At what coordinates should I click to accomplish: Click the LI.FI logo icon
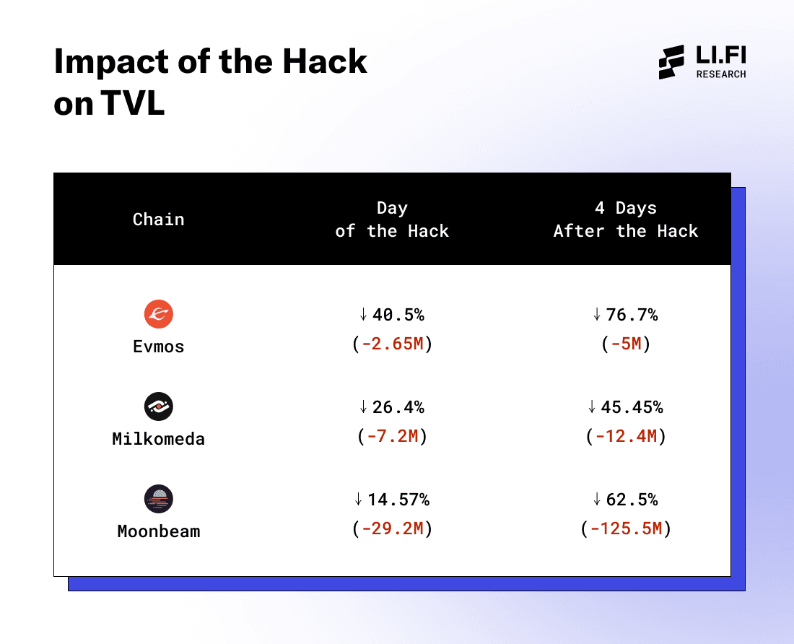tap(671, 62)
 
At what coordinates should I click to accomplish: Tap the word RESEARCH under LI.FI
tap(721, 74)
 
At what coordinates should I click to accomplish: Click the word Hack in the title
tap(324, 63)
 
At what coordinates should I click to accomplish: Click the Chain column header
tap(158, 219)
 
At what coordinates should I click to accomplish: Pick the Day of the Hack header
tap(392, 219)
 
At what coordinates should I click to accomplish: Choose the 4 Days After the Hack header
tap(626, 219)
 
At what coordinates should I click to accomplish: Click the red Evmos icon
tap(158, 314)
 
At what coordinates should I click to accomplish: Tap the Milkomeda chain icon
tap(158, 406)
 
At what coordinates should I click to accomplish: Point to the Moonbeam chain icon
tap(158, 499)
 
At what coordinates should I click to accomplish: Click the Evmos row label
tap(158, 347)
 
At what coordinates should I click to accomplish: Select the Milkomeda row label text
tap(158, 439)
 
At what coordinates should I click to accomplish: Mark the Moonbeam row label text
tap(158, 531)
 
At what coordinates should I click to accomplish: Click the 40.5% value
tap(398, 315)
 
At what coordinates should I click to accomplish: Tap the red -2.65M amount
tap(392, 344)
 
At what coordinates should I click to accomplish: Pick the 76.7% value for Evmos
tap(632, 315)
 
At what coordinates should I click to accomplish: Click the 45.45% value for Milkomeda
tap(632, 407)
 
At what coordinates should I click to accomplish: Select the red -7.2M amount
tap(392, 437)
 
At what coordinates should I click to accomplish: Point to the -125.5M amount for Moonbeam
tap(626, 529)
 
